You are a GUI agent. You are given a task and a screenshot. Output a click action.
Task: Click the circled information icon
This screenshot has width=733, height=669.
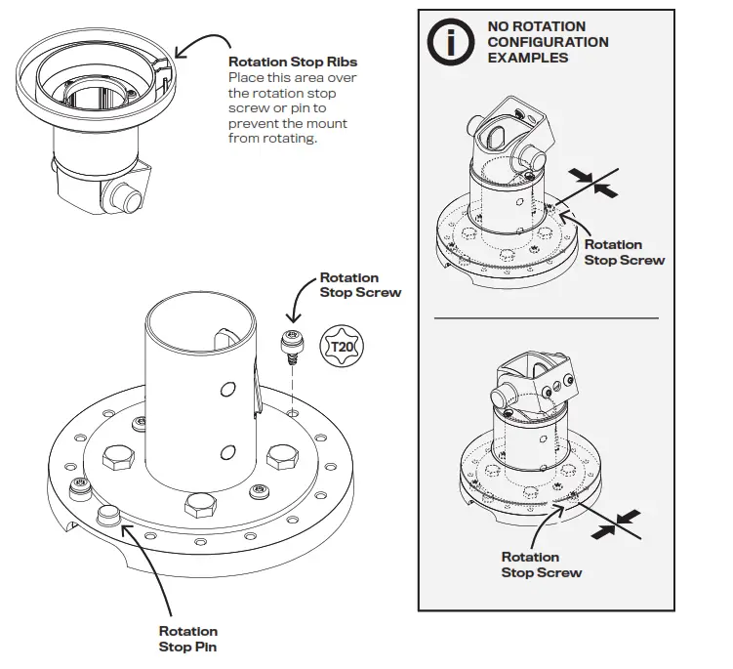click(450, 42)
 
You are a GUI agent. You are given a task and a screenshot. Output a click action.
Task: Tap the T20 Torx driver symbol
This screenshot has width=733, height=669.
click(343, 347)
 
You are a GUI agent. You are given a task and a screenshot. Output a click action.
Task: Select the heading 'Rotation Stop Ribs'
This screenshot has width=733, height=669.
click(292, 63)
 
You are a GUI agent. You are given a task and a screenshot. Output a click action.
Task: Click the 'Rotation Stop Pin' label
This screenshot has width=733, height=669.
click(187, 639)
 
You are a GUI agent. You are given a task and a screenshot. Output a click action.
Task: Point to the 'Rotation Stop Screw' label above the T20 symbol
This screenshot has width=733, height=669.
click(360, 284)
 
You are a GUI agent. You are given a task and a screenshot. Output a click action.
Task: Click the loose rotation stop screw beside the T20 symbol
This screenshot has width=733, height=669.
click(290, 345)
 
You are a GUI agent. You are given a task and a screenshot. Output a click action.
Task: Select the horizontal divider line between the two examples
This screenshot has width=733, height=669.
click(546, 318)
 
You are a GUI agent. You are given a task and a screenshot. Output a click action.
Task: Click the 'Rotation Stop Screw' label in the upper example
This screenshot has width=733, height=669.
click(624, 252)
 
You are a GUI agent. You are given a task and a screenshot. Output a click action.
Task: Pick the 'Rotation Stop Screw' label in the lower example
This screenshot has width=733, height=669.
click(542, 564)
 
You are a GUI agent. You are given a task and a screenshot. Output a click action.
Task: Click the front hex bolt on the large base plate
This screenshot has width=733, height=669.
click(201, 505)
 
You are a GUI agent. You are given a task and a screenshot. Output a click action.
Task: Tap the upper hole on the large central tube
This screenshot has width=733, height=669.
click(227, 390)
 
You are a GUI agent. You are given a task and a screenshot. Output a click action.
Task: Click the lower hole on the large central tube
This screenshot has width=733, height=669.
click(227, 451)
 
